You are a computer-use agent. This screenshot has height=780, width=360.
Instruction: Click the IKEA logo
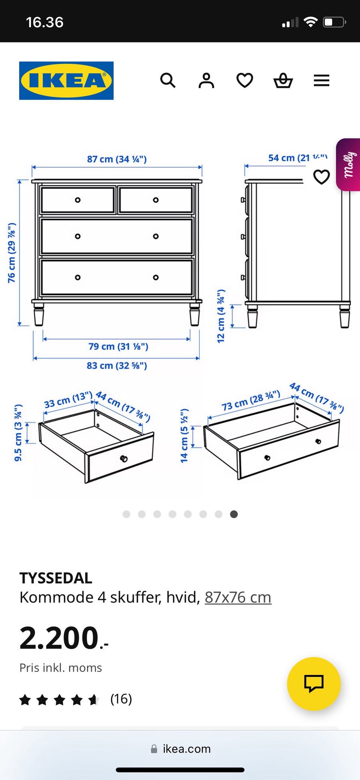click(x=66, y=81)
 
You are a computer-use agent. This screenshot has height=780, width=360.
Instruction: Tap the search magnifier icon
click(x=168, y=80)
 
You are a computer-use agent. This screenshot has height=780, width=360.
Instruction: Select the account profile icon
click(x=206, y=80)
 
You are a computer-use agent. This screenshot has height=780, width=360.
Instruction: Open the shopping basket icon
click(x=283, y=80)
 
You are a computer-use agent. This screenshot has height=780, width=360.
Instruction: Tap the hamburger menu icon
click(x=321, y=80)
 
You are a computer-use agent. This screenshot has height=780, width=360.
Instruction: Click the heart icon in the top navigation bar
click(x=244, y=80)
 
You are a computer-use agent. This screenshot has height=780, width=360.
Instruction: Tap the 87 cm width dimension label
click(x=117, y=159)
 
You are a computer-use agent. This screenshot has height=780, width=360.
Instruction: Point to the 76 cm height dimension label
click(x=12, y=252)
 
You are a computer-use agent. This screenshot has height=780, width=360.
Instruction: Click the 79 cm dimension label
click(x=118, y=346)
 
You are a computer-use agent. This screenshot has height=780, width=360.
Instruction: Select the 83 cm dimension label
click(x=117, y=365)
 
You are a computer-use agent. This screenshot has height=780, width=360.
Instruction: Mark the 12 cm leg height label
click(x=221, y=316)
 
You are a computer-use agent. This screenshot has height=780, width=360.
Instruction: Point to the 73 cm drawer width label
click(x=251, y=400)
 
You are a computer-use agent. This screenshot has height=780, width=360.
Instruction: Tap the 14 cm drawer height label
click(x=184, y=436)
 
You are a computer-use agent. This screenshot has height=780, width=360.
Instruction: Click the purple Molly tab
click(x=348, y=165)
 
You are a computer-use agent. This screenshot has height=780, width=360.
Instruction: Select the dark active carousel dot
click(x=234, y=514)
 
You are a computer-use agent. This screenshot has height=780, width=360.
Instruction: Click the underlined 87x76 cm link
click(x=238, y=597)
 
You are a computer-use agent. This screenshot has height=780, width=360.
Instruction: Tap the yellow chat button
click(x=313, y=684)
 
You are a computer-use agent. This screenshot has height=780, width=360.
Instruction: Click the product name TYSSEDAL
click(x=56, y=578)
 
